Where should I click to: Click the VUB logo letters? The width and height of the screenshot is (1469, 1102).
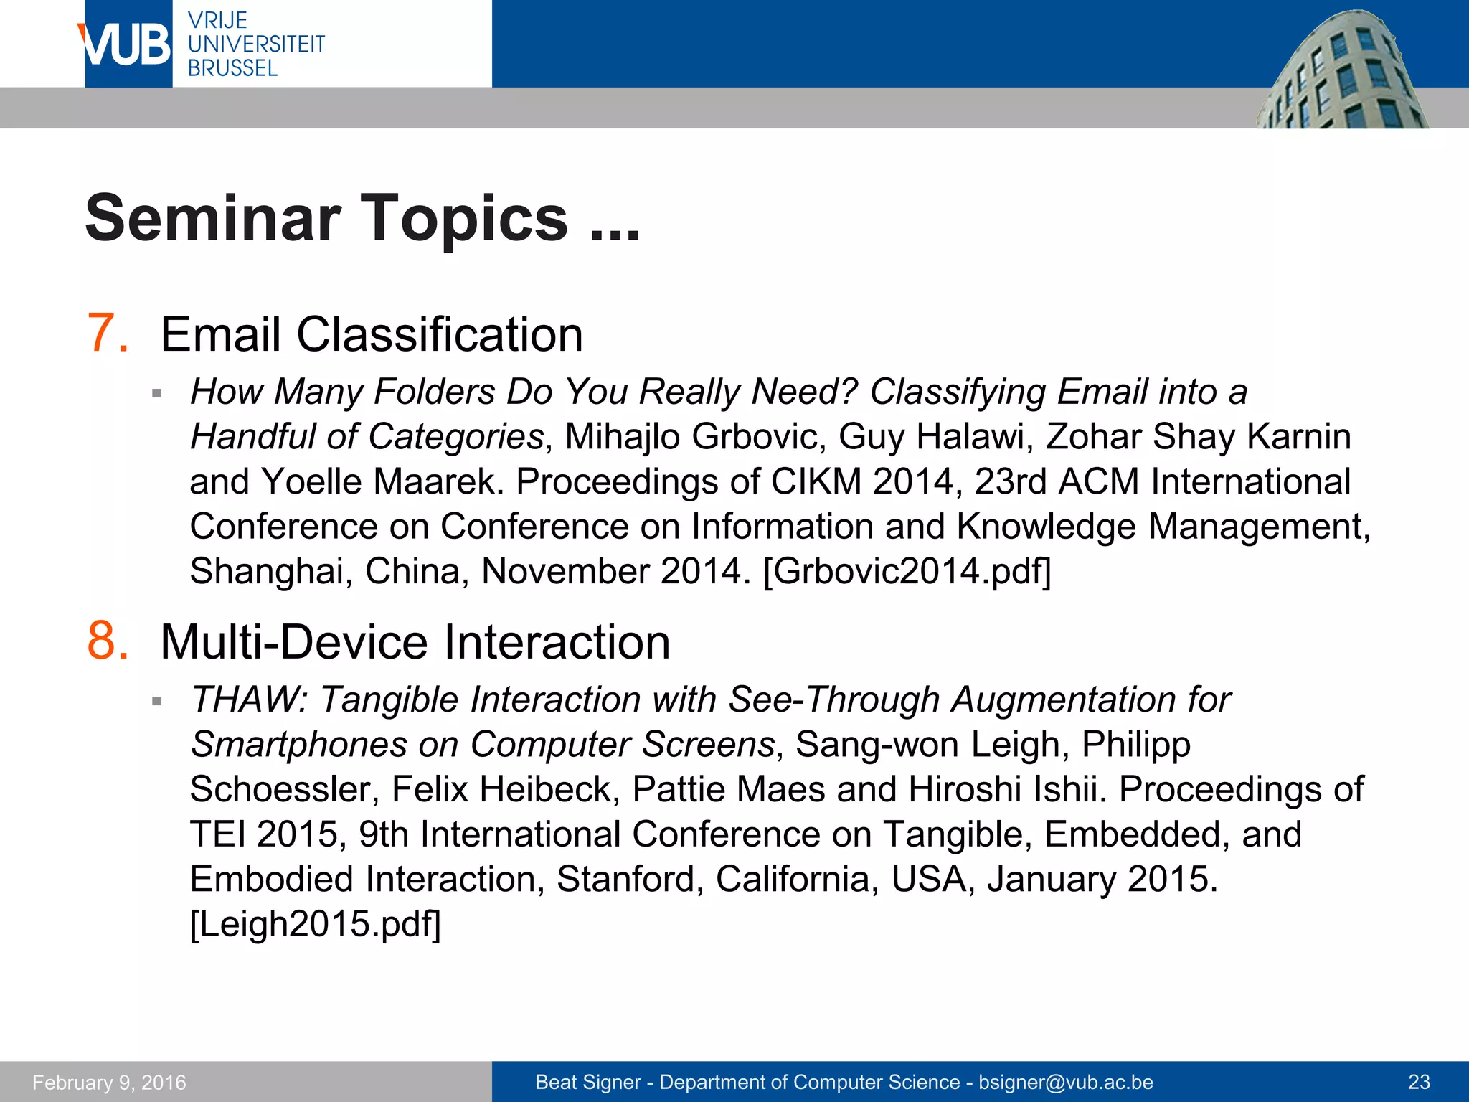[126, 44]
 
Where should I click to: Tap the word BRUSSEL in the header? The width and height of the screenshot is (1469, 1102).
[232, 68]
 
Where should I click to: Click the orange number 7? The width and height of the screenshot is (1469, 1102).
[108, 333]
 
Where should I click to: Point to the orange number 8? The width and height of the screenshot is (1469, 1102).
[108, 640]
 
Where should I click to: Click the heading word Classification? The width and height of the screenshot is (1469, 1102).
[439, 334]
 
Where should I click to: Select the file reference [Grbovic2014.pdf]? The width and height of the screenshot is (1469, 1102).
[907, 571]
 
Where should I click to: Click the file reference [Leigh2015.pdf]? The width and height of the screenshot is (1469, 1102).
[315, 923]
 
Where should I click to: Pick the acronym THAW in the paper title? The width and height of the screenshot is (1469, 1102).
[248, 699]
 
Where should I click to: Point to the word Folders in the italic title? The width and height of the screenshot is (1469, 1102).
[435, 392]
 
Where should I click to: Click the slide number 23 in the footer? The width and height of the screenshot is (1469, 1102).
[1419, 1082]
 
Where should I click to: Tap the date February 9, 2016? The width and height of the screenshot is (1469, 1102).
[109, 1082]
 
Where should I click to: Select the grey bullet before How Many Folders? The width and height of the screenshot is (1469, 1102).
[156, 393]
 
